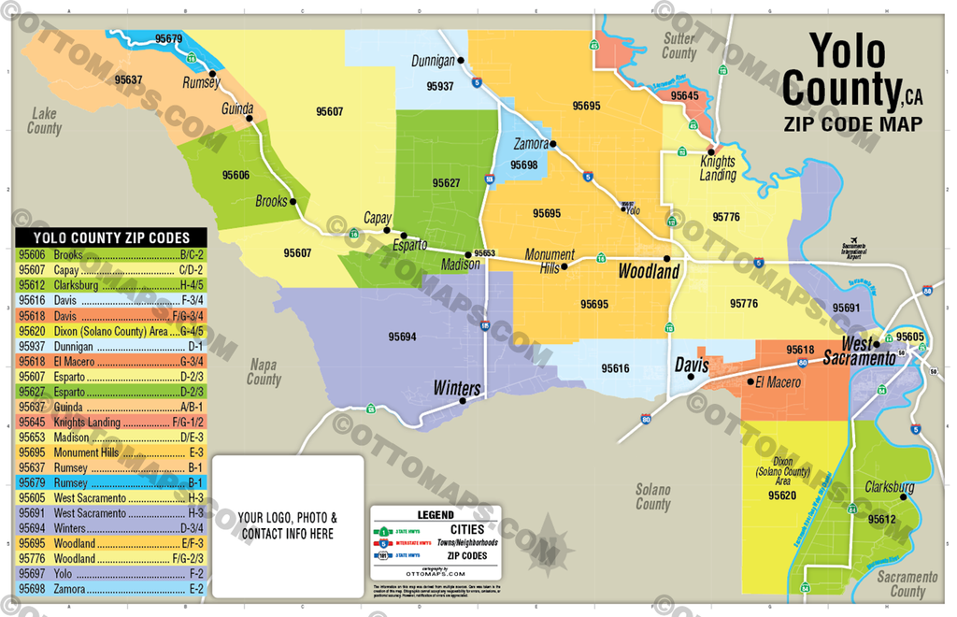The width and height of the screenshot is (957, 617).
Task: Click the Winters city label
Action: click(x=456, y=388)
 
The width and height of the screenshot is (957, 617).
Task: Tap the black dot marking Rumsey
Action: click(x=213, y=73)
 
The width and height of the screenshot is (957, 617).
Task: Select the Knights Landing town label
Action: click(x=718, y=168)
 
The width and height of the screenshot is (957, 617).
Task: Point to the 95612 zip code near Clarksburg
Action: click(x=880, y=519)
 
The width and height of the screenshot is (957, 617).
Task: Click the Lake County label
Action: click(x=44, y=121)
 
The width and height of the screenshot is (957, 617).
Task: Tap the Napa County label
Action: click(x=264, y=372)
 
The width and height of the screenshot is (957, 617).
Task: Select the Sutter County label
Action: click(x=679, y=46)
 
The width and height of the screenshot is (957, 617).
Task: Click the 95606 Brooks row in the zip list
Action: click(x=111, y=254)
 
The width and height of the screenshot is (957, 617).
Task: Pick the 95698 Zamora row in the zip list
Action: click(x=111, y=589)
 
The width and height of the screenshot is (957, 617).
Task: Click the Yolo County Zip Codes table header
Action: click(x=111, y=237)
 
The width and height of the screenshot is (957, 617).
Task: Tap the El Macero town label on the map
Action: click(x=778, y=382)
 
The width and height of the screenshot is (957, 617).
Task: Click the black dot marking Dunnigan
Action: click(x=461, y=61)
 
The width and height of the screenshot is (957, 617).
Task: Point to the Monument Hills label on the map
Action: click(x=550, y=261)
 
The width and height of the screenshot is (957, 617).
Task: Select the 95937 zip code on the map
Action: click(x=439, y=86)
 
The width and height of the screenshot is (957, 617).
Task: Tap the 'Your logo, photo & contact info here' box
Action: click(x=287, y=524)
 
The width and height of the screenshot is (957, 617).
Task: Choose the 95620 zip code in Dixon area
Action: click(x=781, y=495)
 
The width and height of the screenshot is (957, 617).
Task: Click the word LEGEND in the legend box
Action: click(x=436, y=514)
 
